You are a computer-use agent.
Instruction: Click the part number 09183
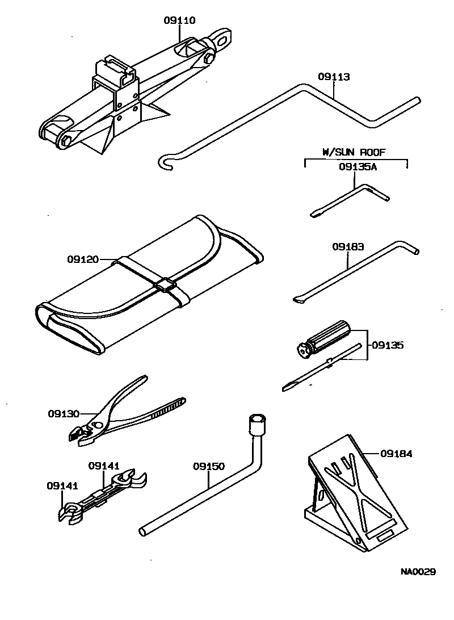pyautogui.click(x=348, y=247)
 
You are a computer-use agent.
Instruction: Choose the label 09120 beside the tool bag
pyautogui.click(x=83, y=259)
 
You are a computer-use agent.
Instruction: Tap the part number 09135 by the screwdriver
pyautogui.click(x=388, y=345)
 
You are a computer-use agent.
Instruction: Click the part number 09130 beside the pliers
pyautogui.click(x=63, y=414)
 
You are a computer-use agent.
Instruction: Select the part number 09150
pyautogui.click(x=208, y=467)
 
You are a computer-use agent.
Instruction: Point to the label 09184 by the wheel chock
pyautogui.click(x=396, y=454)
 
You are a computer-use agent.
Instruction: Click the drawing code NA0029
pyautogui.click(x=419, y=572)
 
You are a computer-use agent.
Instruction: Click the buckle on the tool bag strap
pyautogui.click(x=166, y=285)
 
